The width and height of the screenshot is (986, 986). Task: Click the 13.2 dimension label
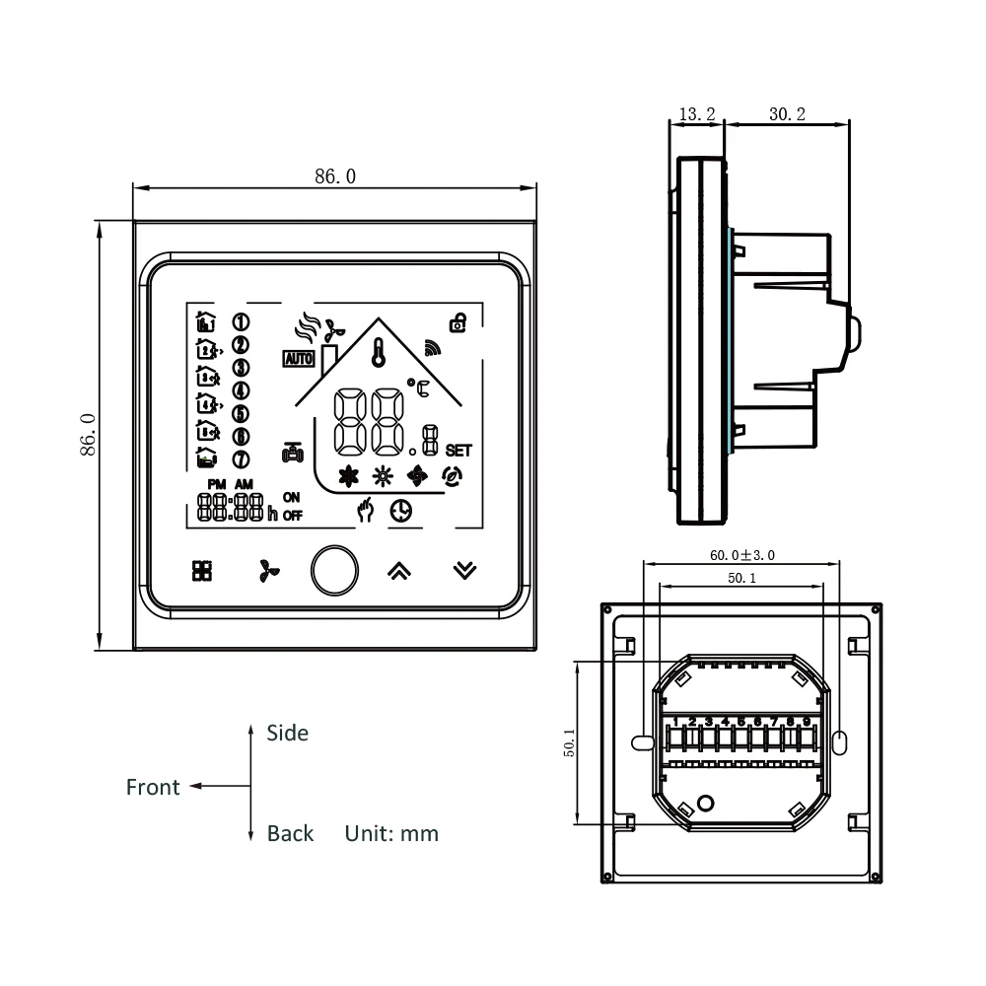coord(698,114)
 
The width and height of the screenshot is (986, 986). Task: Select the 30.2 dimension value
coord(787,114)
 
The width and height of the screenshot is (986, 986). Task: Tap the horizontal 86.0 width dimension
coord(335,176)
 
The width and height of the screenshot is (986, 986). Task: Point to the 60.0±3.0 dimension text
coord(741,555)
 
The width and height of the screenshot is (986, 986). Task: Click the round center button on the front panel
coord(335,570)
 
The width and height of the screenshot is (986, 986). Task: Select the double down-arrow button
coord(464,570)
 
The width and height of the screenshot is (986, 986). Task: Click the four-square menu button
coord(202,570)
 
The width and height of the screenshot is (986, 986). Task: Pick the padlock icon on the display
coord(458,321)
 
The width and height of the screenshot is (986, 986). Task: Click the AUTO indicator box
coord(298,359)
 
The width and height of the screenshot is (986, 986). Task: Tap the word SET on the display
coord(458,450)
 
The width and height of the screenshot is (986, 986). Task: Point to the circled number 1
coord(240,321)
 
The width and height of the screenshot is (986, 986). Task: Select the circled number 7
coord(240,458)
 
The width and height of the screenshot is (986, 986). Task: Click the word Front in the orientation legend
coord(153,787)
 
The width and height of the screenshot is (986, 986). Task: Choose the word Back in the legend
coord(290,833)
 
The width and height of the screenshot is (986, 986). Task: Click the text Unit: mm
coord(391,833)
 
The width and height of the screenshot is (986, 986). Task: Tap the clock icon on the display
coord(400,511)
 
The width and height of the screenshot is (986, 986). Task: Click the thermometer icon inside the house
coord(378,351)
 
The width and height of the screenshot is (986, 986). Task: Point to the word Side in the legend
coord(287,733)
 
